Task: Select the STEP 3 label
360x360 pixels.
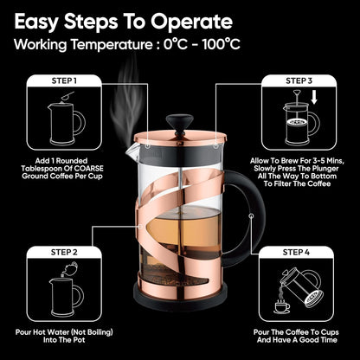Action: [x=299, y=80]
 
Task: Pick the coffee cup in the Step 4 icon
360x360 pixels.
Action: [x=282, y=305]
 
